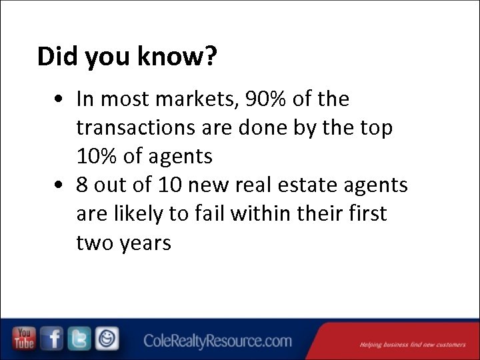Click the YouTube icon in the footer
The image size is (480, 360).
(25, 339)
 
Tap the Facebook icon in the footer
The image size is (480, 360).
(52, 339)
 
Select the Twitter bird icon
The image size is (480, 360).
(79, 339)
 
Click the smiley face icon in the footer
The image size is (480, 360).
(107, 339)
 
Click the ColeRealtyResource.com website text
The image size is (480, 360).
(217, 341)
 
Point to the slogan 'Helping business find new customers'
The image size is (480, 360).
(412, 345)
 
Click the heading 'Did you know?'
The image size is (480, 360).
(127, 57)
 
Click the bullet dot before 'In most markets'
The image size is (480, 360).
(60, 100)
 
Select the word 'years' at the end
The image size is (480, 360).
(145, 243)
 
